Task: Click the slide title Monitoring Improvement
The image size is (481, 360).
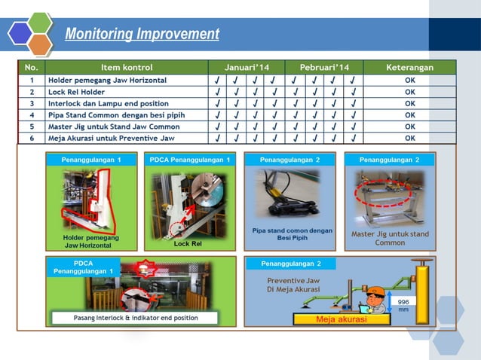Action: click(142, 35)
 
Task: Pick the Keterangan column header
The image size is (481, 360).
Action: click(409, 68)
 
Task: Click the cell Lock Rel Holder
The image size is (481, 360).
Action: click(78, 91)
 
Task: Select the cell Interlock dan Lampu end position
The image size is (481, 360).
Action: click(109, 103)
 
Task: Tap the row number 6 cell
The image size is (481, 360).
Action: click(32, 138)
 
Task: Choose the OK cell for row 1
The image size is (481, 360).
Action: click(409, 80)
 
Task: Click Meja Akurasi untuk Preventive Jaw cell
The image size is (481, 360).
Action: click(112, 138)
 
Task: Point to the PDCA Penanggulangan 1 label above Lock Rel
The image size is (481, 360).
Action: click(190, 159)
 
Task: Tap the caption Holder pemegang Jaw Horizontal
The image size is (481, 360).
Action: click(91, 242)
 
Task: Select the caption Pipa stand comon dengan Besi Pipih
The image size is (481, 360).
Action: click(293, 233)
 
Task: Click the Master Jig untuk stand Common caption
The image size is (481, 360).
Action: click(390, 238)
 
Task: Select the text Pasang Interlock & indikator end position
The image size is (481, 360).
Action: click(136, 318)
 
